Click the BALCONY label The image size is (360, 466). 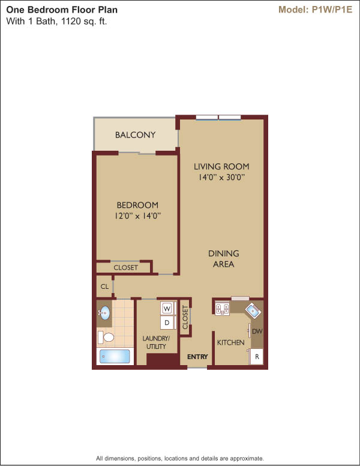(135, 135)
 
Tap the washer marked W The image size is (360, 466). (167, 309)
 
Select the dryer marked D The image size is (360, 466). (167, 322)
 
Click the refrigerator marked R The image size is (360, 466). (257, 356)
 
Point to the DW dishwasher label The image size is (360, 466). (257, 331)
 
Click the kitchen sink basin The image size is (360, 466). (253, 310)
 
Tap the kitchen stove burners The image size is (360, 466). (222, 309)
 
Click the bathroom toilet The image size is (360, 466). (106, 337)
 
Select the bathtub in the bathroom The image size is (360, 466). (115, 356)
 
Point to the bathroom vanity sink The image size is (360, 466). (104, 313)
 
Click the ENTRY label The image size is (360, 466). (197, 357)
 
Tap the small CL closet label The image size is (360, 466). (104, 286)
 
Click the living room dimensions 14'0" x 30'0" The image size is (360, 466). (221, 177)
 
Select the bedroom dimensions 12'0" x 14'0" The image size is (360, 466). (137, 216)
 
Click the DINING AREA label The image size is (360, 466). (224, 259)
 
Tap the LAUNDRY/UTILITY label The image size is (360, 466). (156, 342)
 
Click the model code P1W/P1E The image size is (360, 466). (332, 10)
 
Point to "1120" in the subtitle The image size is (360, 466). (70, 22)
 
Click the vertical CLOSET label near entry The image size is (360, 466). (185, 318)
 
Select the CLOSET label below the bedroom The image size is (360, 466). (125, 267)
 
